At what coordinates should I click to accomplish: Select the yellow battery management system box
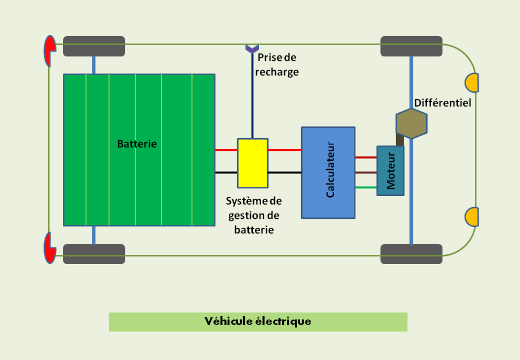tap(252, 162)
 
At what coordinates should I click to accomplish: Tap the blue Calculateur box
tap(328, 173)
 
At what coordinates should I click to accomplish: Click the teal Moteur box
tap(390, 171)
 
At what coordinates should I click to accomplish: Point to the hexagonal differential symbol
tap(411, 123)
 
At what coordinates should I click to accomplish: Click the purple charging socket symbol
tap(252, 48)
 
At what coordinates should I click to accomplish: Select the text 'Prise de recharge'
tap(277, 64)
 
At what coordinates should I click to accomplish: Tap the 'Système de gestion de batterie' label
tap(254, 215)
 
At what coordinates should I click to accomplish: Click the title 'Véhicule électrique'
tap(258, 321)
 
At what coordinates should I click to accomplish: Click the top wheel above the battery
tap(93, 46)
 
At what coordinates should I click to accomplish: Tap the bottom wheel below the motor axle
tap(411, 254)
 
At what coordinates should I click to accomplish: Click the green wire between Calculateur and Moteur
tap(366, 187)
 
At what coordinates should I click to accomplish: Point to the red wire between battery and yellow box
tap(226, 150)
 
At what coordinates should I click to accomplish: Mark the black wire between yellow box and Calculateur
tap(284, 173)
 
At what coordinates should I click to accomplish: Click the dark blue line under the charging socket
tap(252, 96)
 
